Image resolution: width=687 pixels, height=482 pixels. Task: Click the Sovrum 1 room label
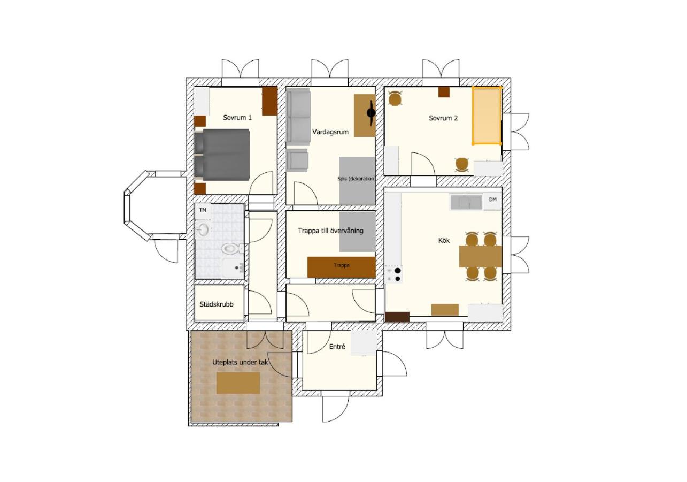[237, 118]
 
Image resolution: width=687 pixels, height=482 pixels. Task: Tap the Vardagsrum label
[330, 132]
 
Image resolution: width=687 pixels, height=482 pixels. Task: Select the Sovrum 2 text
[443, 118]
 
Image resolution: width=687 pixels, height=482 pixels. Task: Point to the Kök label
[444, 240]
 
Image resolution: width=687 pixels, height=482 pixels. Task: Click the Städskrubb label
[217, 304]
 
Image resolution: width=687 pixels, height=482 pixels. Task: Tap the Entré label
[337, 347]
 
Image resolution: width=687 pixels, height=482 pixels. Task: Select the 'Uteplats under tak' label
[240, 362]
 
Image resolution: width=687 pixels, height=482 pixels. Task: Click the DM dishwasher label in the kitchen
[492, 200]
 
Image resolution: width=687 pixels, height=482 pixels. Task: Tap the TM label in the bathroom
[203, 210]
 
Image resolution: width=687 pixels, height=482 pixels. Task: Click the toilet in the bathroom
[233, 248]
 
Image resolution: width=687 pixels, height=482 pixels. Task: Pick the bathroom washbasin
[203, 229]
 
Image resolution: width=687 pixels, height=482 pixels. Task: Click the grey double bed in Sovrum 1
[221, 155]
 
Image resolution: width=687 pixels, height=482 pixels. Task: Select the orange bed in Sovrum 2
[487, 116]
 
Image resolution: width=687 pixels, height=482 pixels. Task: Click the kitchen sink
[466, 202]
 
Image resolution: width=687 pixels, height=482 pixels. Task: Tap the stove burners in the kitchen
[393, 274]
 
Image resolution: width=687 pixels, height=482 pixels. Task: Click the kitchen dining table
[480, 256]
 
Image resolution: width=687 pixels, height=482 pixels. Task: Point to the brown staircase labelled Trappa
[341, 267]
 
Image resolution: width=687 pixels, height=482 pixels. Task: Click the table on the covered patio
[238, 383]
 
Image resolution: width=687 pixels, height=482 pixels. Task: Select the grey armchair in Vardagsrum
[297, 160]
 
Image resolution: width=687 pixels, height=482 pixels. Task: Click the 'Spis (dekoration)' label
[357, 179]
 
